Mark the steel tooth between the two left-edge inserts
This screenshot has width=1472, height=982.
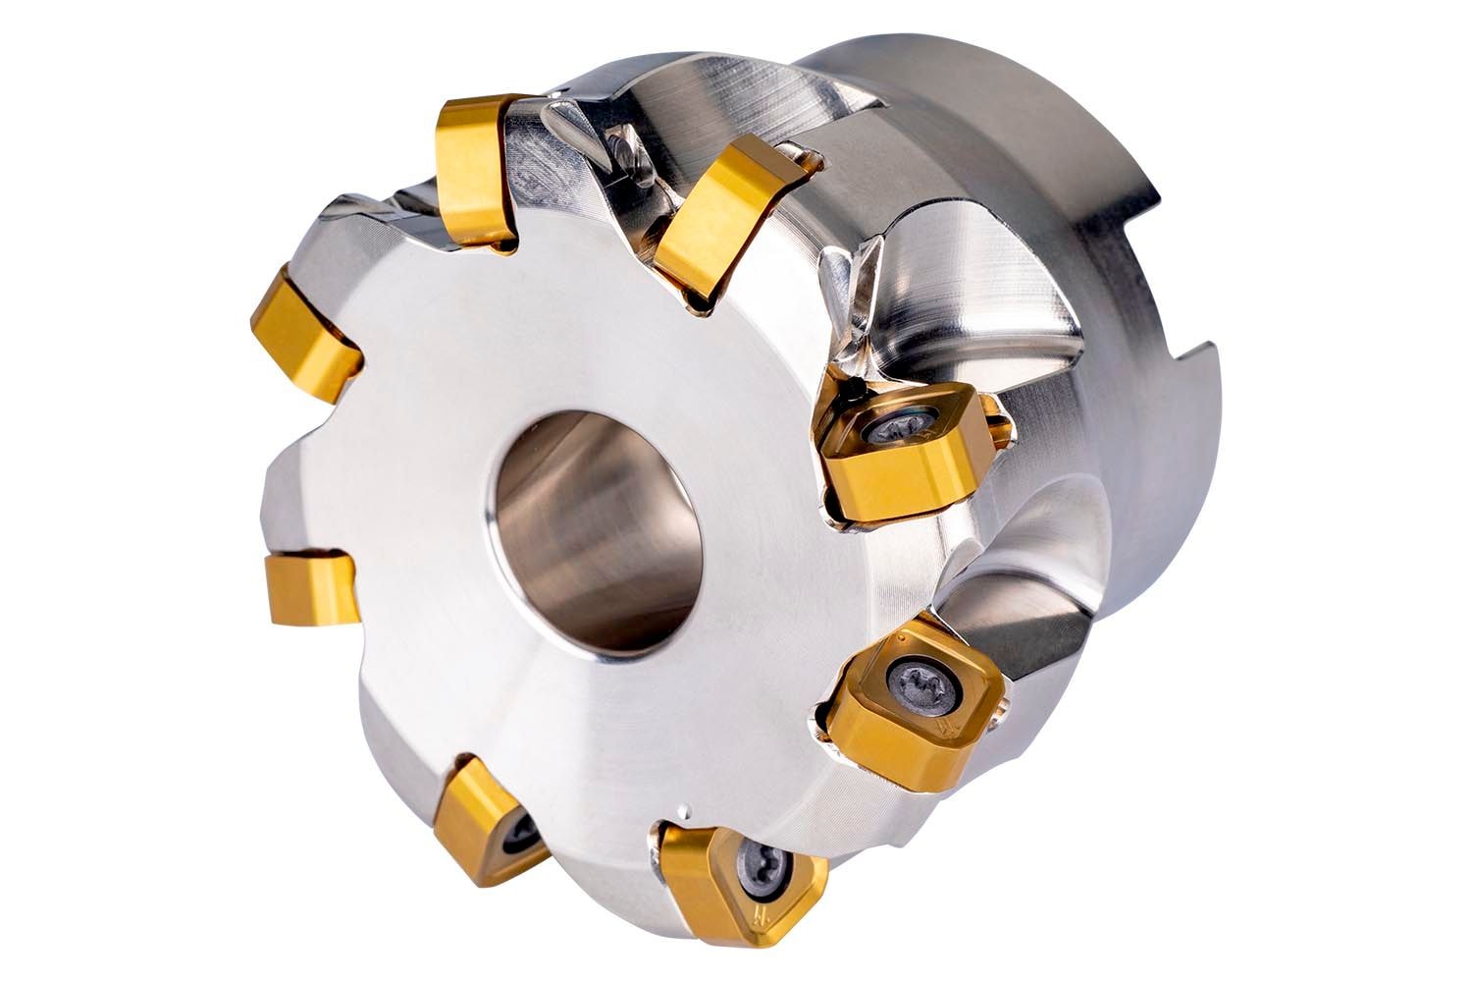pyautogui.click(x=304, y=462)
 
